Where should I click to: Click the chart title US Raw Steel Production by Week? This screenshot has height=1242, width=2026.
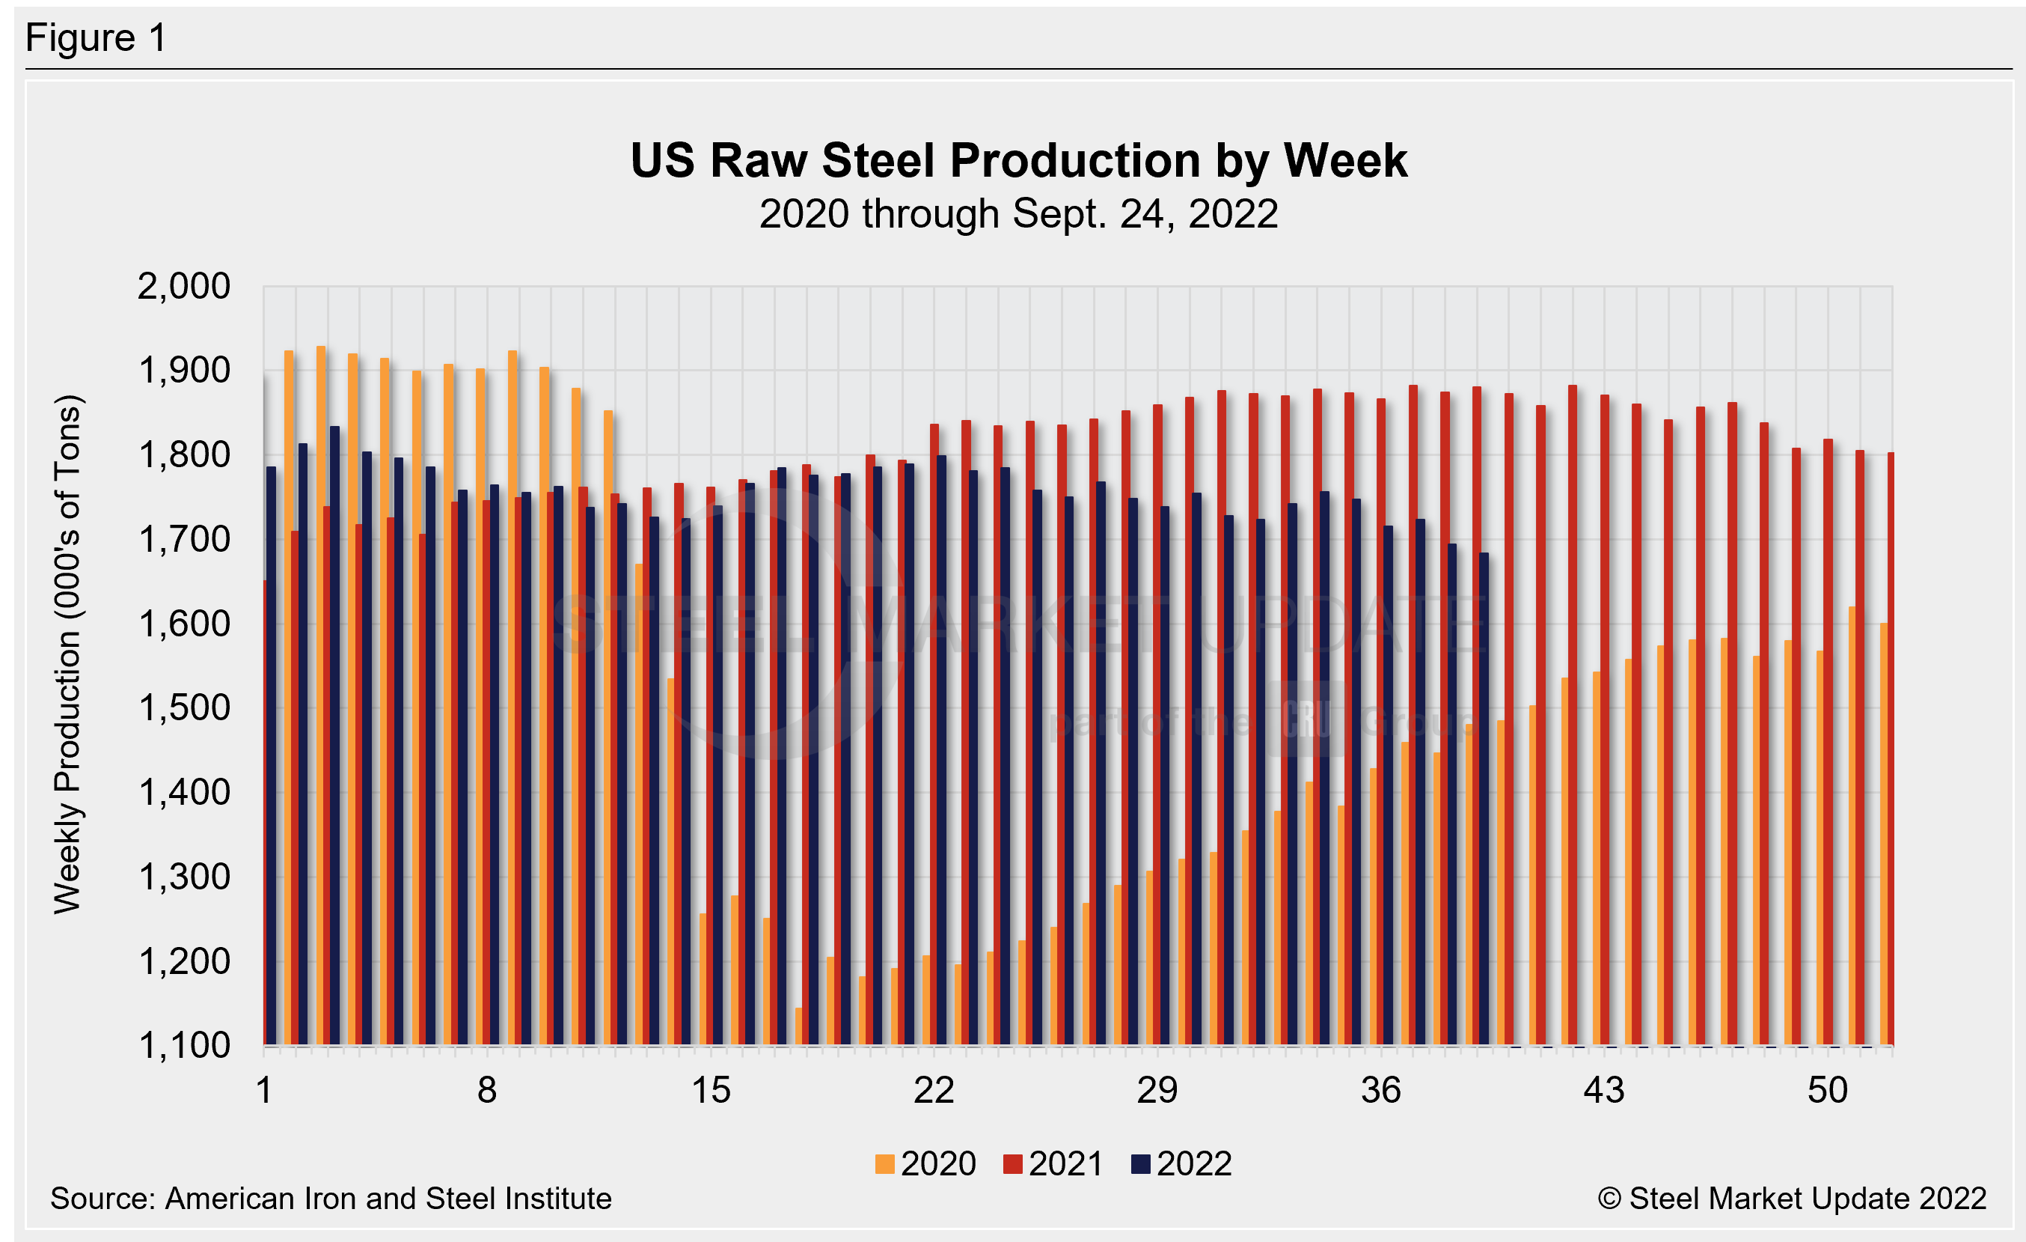1018,160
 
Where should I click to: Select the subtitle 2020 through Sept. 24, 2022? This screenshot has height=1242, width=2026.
1018,214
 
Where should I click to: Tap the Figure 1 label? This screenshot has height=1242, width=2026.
97,38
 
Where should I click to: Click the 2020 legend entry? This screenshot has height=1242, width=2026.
927,1164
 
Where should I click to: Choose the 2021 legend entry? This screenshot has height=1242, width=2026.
1054,1164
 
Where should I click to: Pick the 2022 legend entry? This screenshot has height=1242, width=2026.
1182,1164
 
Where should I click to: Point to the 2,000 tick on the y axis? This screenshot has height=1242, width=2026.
184,286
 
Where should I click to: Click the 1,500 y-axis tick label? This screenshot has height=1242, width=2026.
184,708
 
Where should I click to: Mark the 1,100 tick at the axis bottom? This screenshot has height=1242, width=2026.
184,1045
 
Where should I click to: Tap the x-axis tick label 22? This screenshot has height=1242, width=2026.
934,1091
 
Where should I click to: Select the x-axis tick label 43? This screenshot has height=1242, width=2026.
1604,1091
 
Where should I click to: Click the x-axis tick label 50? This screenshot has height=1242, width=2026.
1827,1091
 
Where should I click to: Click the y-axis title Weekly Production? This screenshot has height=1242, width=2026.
67,654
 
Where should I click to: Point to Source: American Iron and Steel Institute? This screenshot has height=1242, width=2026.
331,1199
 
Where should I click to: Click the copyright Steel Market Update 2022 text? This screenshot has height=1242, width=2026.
1793,1199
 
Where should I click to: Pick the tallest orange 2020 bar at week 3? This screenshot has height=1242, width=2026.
321,695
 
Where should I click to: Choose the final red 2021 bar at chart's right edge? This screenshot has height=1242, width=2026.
1891,749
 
